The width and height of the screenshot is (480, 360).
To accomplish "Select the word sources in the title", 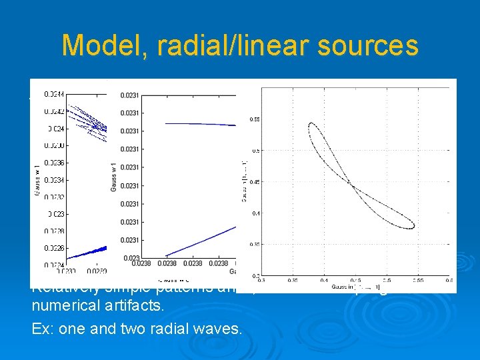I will [x=367, y=45].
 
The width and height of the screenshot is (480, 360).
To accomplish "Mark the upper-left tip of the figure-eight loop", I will [x=310, y=123].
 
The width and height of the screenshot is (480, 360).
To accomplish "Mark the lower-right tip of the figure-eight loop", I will [x=414, y=227].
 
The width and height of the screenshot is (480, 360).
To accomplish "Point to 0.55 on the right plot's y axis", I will [x=255, y=119].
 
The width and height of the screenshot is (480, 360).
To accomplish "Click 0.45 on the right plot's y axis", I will [x=255, y=182].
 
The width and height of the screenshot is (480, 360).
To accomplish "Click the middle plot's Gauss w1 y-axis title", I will [x=113, y=176].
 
